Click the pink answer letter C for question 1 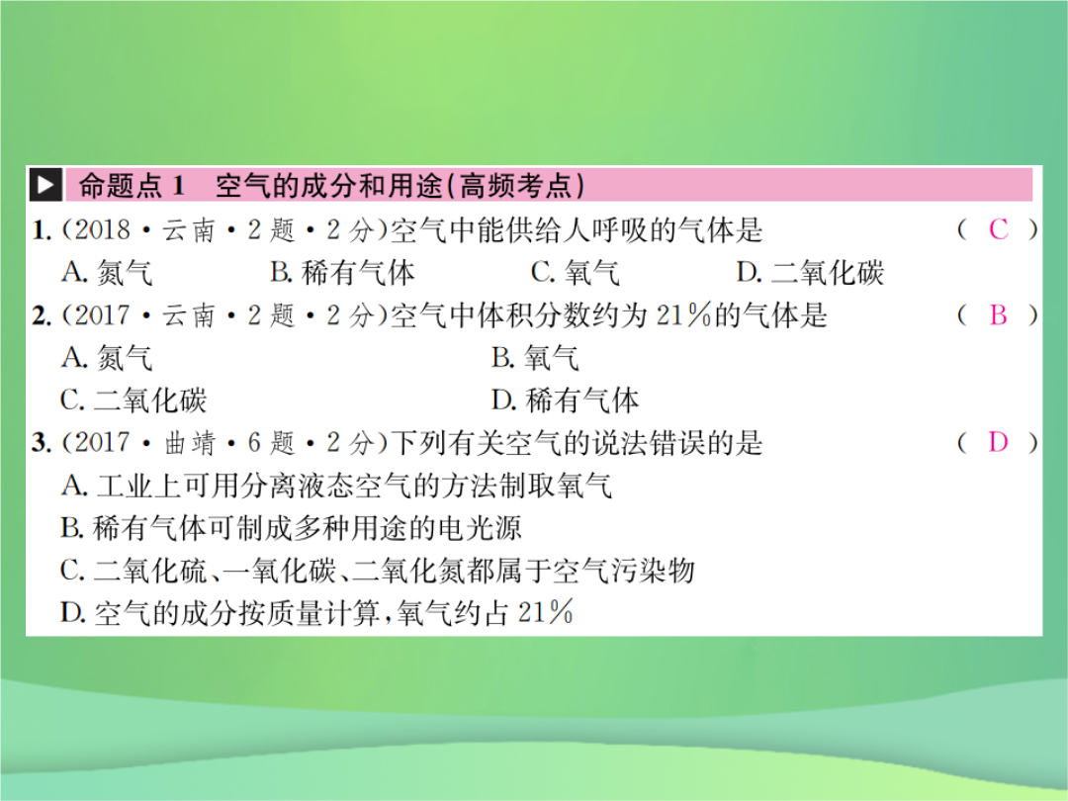tap(999, 230)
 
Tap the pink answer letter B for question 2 tap(999, 314)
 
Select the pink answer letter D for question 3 tap(999, 443)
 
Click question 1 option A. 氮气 tap(106, 273)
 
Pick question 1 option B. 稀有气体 tap(342, 273)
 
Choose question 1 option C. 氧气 tap(576, 273)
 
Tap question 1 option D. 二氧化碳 tap(811, 273)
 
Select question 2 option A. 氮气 tap(106, 358)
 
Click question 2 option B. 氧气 tap(535, 358)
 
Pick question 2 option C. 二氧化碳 tap(133, 400)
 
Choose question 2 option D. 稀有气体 tap(566, 400)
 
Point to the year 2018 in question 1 tap(102, 230)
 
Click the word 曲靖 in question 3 tap(189, 443)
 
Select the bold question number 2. tap(42, 315)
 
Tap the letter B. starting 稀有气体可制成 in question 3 tap(72, 528)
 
